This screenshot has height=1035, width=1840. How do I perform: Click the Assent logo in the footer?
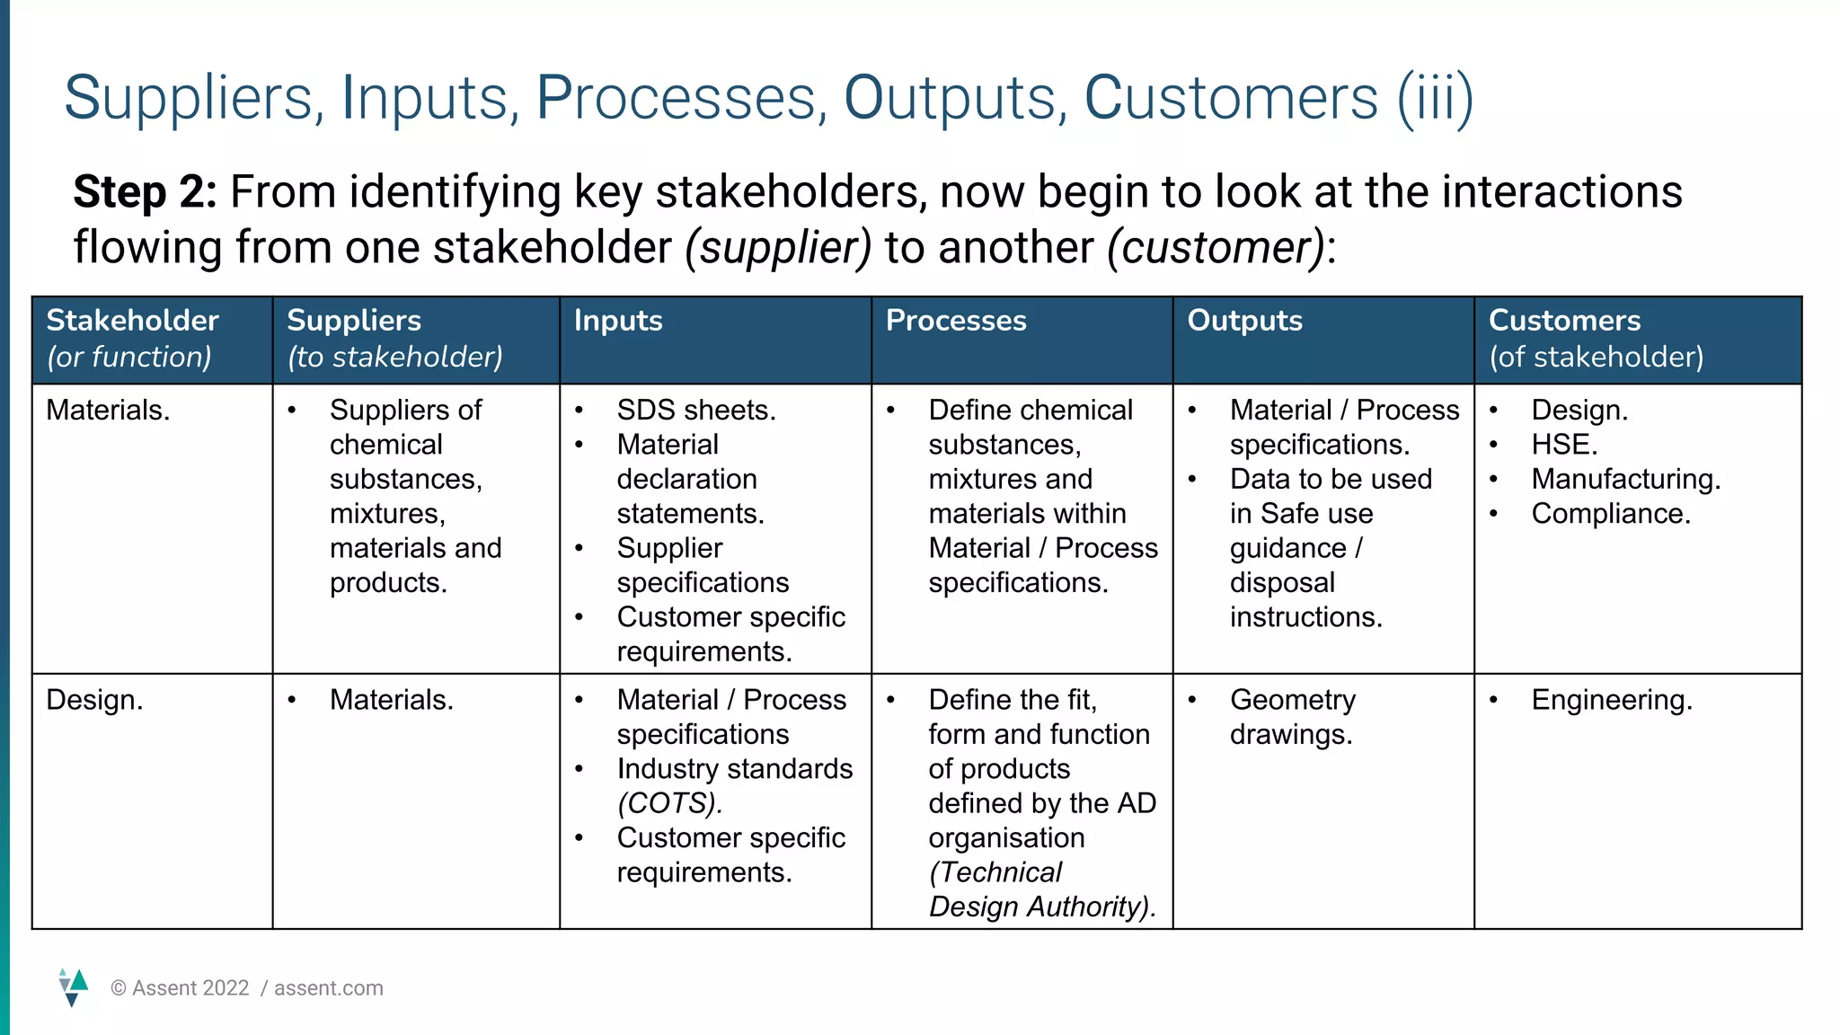[x=73, y=986]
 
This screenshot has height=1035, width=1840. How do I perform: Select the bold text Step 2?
[x=145, y=192]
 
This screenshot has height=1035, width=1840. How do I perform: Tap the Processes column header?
[x=956, y=321]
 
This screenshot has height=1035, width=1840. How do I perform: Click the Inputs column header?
[x=618, y=321]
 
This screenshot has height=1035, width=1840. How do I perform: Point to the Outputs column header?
[x=1244, y=321]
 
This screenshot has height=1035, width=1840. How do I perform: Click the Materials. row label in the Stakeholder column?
[x=108, y=411]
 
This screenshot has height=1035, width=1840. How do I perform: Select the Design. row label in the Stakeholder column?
[x=94, y=700]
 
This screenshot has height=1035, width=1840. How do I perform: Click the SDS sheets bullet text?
[x=696, y=411]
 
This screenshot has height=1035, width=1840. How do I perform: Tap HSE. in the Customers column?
[x=1564, y=445]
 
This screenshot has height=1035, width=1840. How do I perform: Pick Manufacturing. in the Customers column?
[x=1626, y=479]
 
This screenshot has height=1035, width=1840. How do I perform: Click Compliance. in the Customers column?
[x=1611, y=514]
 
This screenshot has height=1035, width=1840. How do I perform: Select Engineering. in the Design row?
[x=1612, y=700]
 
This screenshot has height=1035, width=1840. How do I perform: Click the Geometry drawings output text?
[x=1292, y=717]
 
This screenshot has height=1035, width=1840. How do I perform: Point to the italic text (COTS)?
[x=669, y=803]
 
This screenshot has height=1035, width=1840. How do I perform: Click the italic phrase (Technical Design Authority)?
[x=1040, y=889]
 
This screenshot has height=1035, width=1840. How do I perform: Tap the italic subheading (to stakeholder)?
[x=395, y=358]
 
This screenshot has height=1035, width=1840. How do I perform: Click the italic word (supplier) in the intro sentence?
[x=778, y=248]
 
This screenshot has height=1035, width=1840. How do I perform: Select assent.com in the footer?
[x=329, y=988]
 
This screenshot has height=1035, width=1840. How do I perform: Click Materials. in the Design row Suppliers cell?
[x=391, y=700]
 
